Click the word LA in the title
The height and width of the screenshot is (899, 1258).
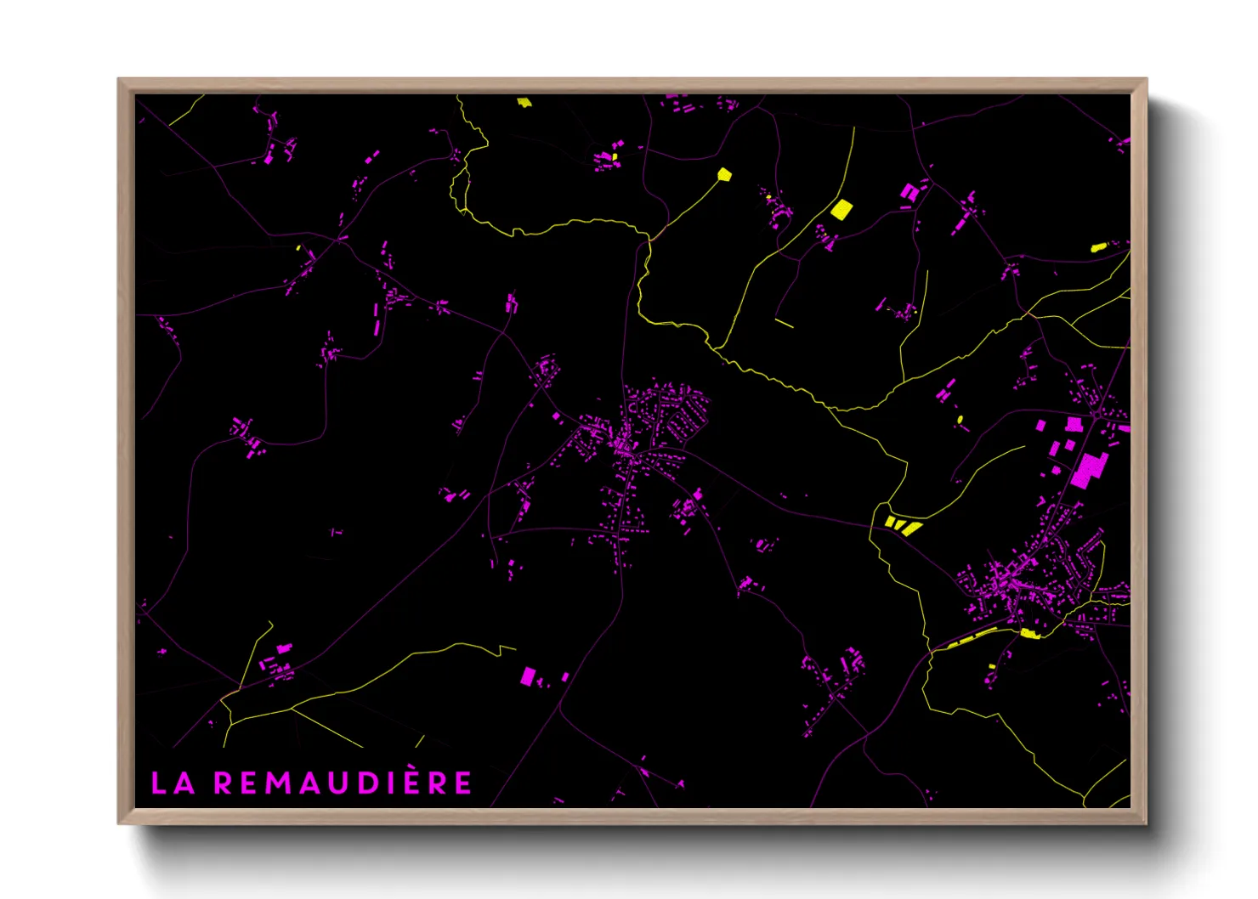coord(173,783)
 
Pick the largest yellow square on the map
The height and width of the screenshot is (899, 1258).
coord(841,209)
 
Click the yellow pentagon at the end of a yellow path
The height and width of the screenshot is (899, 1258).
coord(724,174)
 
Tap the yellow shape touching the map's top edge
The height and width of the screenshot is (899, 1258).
coord(524,102)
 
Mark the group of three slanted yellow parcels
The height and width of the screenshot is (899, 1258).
coord(903,525)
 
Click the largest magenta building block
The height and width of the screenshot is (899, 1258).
coord(1087,470)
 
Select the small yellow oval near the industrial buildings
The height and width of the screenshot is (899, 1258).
coord(960,419)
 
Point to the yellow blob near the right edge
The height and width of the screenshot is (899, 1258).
coord(1098,247)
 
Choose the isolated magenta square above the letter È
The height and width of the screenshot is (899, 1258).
coord(528,676)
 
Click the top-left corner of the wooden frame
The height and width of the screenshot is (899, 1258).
coord(120,81)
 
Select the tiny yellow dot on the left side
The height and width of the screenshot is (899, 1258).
coord(298,248)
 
